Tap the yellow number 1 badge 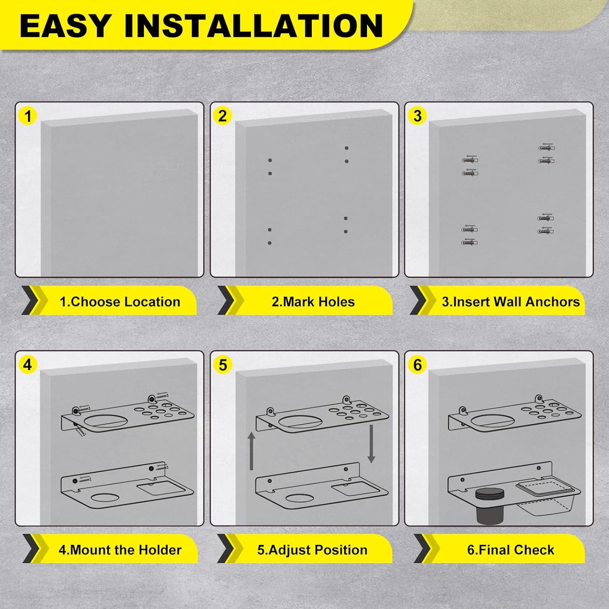point(28,117)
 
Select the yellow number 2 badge point(222,116)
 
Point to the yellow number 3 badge point(417,116)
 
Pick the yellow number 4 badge point(27,365)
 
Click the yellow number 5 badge point(222,365)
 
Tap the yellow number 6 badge point(417,365)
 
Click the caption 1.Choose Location point(120,302)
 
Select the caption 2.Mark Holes point(313,302)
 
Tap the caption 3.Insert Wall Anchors point(511,302)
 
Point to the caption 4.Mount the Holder point(120,550)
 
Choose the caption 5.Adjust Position point(312,550)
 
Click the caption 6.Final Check point(510,550)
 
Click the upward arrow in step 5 point(252,451)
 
